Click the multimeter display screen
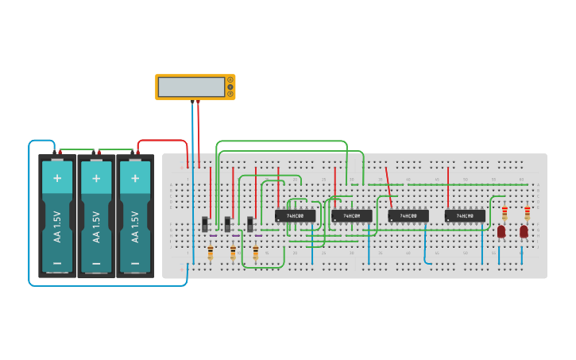click(191, 87)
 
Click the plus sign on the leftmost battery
click(57, 178)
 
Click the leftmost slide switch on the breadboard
click(204, 224)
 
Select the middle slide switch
click(227, 224)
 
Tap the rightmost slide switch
click(249, 224)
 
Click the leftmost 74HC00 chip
click(295, 215)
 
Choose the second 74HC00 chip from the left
click(351, 215)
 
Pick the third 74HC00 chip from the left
click(408, 215)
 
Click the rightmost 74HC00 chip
click(465, 215)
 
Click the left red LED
click(501, 231)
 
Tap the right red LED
click(524, 231)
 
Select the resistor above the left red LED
click(504, 213)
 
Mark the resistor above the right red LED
click(527, 213)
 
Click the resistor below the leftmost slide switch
click(210, 254)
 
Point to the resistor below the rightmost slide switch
click(255, 254)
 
